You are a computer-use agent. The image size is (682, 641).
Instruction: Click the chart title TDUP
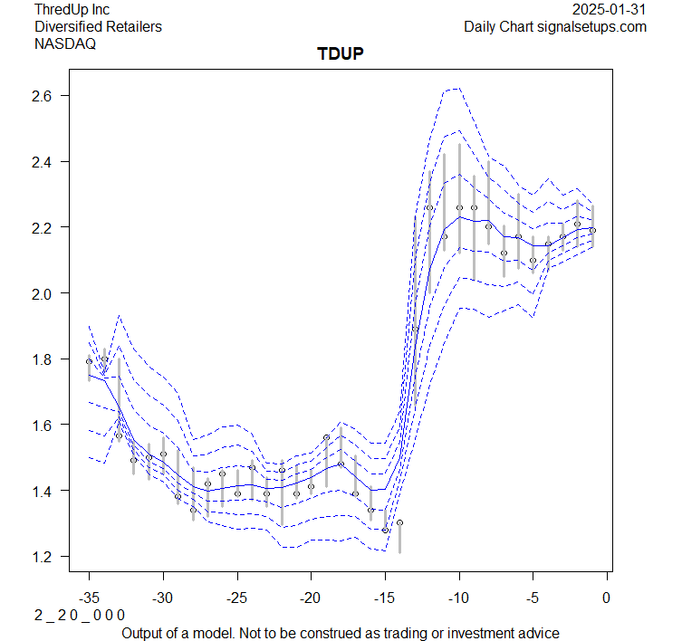[x=341, y=54]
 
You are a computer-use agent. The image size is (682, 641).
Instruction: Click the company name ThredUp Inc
[x=72, y=10]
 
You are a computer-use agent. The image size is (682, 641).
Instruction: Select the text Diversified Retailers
[x=98, y=26]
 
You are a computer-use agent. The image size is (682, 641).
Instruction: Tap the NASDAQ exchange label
[x=65, y=43]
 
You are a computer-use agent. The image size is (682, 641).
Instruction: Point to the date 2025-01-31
[x=610, y=10]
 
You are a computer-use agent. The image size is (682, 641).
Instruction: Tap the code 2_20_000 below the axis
[x=80, y=615]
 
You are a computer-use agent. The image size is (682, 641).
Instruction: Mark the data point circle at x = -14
[x=399, y=522]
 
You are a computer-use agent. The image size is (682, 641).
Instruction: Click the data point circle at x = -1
[x=592, y=230]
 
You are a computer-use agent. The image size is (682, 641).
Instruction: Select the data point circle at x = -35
[x=89, y=361]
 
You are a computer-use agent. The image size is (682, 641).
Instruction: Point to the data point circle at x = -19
[x=326, y=437]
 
